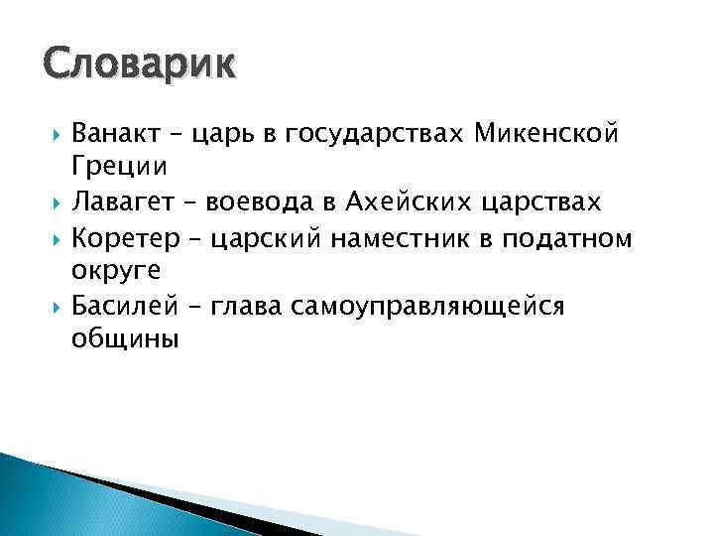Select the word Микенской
coord(560,133)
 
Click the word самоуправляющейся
coord(428,307)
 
